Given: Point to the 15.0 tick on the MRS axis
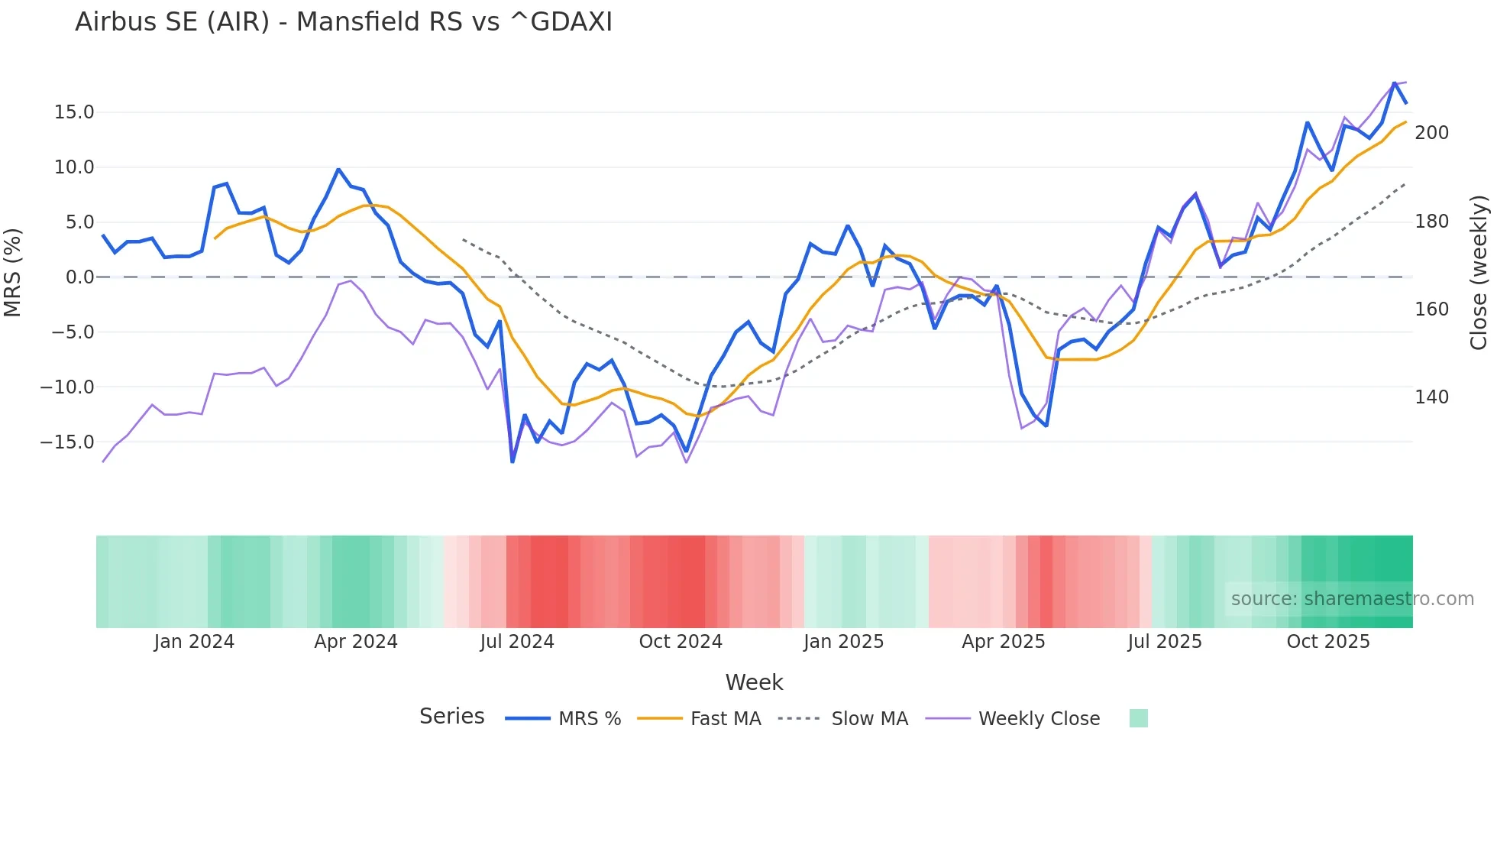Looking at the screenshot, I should [74, 112].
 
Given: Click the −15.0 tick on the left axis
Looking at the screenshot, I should [67, 442].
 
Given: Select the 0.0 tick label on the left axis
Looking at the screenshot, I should [79, 277].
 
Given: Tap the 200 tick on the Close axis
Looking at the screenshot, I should [1431, 133].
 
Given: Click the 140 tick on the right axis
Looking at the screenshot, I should [1431, 397].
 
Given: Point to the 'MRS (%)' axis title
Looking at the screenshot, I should [13, 272].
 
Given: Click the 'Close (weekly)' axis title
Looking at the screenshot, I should [1479, 272].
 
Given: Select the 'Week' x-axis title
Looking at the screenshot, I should [754, 682].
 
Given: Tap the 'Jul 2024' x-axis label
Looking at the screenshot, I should [517, 642].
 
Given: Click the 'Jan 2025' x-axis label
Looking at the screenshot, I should [843, 642].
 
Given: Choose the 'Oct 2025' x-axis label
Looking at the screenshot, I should [1328, 642].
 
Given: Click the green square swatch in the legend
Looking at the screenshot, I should [1138, 718].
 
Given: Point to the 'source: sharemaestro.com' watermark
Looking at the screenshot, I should [1352, 599].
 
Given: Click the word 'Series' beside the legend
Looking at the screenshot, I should [451, 717].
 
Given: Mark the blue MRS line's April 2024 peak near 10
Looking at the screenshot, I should [338, 170].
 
